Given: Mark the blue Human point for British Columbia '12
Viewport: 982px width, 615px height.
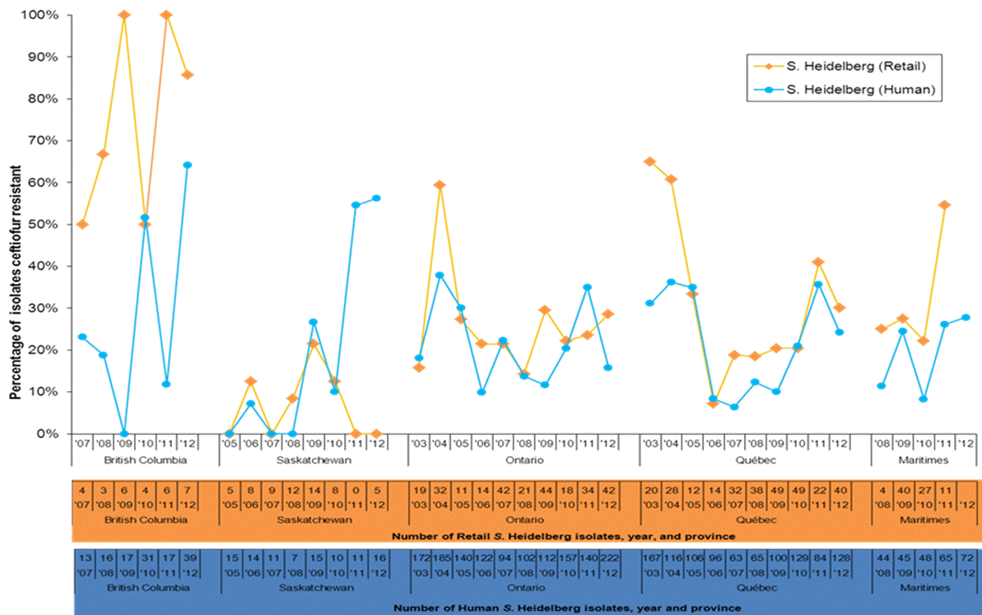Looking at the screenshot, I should pos(187,165).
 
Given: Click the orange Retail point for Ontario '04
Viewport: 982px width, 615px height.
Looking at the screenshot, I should pos(440,184).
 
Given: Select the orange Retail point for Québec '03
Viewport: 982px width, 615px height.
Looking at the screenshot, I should pos(650,161).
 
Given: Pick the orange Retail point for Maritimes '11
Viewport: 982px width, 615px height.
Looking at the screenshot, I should pos(944,205).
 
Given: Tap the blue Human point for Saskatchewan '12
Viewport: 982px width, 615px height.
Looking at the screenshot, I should pos(376,198).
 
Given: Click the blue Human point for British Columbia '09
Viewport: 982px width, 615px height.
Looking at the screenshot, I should pos(124,433).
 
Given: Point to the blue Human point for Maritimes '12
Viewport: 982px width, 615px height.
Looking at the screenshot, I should pos(965,317).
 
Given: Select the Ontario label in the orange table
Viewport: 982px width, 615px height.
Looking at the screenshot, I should pos(525,520).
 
